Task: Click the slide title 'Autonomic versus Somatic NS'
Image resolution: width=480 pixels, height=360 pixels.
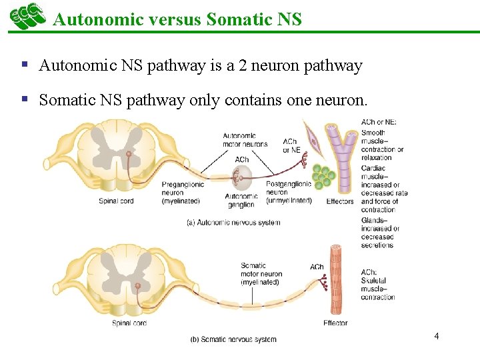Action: tap(177, 19)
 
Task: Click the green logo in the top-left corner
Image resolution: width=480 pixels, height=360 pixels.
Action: tap(27, 17)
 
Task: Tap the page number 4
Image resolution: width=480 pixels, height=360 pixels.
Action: tap(436, 335)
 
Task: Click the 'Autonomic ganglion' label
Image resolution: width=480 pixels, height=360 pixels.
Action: tap(241, 201)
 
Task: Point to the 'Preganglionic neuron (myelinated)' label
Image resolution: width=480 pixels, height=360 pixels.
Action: tap(183, 192)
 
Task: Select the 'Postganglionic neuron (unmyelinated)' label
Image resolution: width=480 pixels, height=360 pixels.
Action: tap(289, 192)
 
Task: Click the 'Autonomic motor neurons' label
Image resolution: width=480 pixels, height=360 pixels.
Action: tap(245, 140)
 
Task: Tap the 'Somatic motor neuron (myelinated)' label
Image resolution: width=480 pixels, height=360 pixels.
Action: tap(261, 273)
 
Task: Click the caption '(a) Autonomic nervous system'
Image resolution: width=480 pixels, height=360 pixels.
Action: tap(233, 223)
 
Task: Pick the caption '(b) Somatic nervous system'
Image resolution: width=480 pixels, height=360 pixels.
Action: tap(233, 339)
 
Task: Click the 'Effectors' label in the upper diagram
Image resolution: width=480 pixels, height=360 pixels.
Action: tap(340, 201)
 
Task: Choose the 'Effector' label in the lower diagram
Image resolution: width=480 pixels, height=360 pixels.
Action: tap(335, 323)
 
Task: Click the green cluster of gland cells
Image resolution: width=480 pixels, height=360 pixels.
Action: tap(325, 176)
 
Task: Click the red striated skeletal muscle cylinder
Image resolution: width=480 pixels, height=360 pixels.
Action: tap(337, 280)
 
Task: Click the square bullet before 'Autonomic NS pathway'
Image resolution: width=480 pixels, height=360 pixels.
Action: tap(24, 65)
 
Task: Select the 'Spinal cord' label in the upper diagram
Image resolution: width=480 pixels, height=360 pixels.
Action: tap(117, 201)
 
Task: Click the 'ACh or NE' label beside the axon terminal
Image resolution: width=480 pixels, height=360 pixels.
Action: tap(291, 145)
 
